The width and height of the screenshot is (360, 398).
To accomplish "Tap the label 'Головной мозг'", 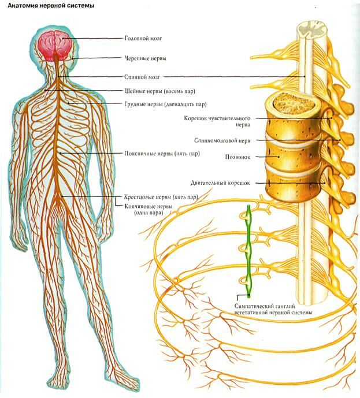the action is pyautogui.click(x=143, y=38).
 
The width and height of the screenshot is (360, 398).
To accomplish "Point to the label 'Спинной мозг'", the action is pyautogui.click(x=142, y=76).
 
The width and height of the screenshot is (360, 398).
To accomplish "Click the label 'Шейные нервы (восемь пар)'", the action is pyautogui.click(x=159, y=91).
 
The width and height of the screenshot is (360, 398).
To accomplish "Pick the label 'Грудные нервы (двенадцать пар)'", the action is pyautogui.click(x=165, y=105).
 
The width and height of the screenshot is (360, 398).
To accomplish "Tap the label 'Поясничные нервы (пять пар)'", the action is pyautogui.click(x=162, y=154).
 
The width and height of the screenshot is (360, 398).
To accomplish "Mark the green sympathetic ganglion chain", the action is pyautogui.click(x=247, y=248).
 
